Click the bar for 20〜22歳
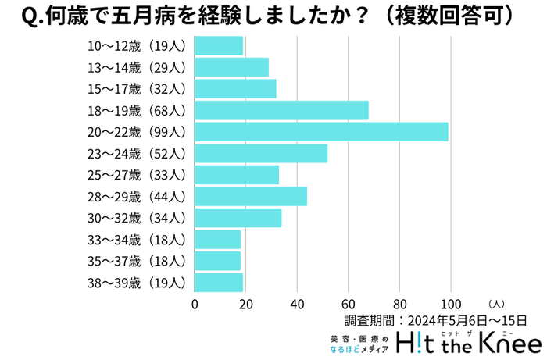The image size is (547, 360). tap(321, 131)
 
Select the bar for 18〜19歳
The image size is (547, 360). tap(281, 110)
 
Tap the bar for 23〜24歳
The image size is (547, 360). tap(261, 153)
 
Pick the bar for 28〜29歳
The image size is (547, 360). tap(251, 196)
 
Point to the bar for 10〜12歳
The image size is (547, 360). tap(219, 45)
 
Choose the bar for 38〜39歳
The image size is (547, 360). tap(219, 282)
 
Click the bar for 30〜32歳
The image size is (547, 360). tap(238, 217)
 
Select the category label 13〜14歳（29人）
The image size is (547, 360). tap(137, 67)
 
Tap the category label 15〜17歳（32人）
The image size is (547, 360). tap(137, 88)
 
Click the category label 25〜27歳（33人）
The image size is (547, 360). tap(137, 174)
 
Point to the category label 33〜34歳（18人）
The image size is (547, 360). tap(137, 239)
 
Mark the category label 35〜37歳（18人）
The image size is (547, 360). tap(137, 261)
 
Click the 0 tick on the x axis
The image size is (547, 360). tap(195, 304)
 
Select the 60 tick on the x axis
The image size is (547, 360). tap(349, 304)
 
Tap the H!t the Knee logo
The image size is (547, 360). tap(469, 342)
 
